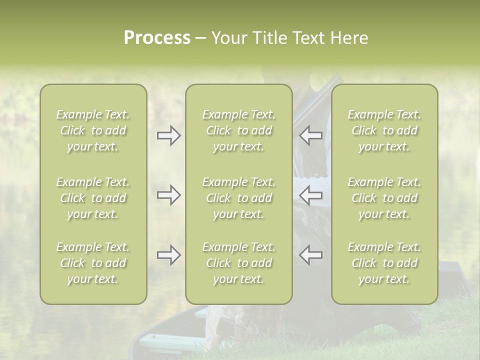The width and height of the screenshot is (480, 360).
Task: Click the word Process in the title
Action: click(157, 38)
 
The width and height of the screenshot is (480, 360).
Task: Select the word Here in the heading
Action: click(349, 38)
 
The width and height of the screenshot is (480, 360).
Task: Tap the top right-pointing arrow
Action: click(168, 135)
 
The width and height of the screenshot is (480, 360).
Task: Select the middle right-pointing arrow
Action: click(168, 195)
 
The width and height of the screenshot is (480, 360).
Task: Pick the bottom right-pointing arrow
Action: click(168, 255)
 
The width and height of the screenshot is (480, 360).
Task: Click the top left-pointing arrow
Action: click(311, 135)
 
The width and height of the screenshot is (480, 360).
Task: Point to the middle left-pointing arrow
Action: click(311, 195)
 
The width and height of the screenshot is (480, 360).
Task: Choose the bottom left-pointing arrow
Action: click(311, 255)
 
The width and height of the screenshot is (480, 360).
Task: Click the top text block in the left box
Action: click(93, 130)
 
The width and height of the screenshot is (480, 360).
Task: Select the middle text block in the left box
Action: click(93, 198)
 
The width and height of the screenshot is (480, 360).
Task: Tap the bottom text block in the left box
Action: click(93, 263)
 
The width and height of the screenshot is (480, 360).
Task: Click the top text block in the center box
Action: click(238, 130)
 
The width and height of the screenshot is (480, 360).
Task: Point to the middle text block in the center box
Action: click(238, 198)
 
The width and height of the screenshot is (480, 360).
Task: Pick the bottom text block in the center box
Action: click(238, 263)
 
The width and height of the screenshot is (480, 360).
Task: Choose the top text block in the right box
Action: click(384, 130)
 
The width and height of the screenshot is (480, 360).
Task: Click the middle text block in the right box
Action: click(384, 198)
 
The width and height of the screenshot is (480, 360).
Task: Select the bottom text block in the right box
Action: click(384, 263)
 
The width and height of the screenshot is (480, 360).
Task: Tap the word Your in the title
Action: click(228, 38)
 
